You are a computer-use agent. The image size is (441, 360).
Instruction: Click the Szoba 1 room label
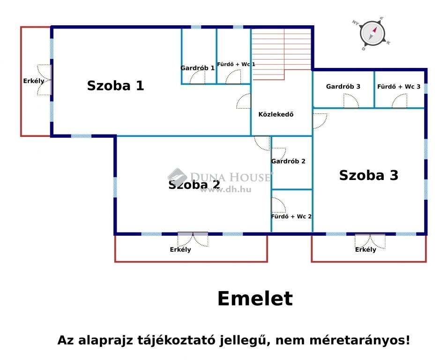click(x=116, y=85)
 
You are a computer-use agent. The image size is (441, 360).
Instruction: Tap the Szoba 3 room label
click(x=369, y=175)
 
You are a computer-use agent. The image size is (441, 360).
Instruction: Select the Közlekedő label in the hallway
click(x=276, y=114)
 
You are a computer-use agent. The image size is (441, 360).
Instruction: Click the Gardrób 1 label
click(x=197, y=68)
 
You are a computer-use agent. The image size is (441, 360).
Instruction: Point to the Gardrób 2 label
click(x=288, y=161)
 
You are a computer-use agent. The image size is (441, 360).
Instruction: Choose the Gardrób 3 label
click(x=343, y=86)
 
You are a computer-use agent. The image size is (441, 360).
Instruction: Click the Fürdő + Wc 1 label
click(x=236, y=64)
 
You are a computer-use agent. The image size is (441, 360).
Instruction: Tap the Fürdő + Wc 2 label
click(x=292, y=216)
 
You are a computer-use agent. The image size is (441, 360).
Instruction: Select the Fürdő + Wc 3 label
click(x=399, y=86)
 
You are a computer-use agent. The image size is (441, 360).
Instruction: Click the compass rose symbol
click(x=372, y=34)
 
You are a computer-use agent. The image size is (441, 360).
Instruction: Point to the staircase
click(x=282, y=53)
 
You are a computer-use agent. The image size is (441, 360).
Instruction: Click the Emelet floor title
click(x=255, y=299)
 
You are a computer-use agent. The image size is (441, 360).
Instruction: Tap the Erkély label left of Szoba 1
click(x=34, y=81)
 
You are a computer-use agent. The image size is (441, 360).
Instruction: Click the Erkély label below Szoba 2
click(x=180, y=249)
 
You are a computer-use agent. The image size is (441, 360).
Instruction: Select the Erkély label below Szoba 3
click(x=366, y=249)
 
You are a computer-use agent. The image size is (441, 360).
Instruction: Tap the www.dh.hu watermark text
click(x=225, y=189)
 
